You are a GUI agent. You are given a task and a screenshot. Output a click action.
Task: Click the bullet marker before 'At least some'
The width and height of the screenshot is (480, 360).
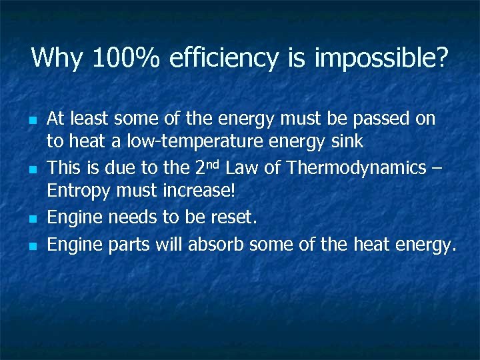point(31,121)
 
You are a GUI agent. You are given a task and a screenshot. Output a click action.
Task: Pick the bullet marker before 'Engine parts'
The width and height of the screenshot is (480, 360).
point(31,247)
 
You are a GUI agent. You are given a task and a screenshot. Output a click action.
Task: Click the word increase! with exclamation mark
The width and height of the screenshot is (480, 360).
point(199,191)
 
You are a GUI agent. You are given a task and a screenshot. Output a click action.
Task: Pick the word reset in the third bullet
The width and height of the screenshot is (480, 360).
point(234,217)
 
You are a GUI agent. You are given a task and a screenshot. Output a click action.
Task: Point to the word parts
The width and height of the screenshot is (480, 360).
point(130,246)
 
